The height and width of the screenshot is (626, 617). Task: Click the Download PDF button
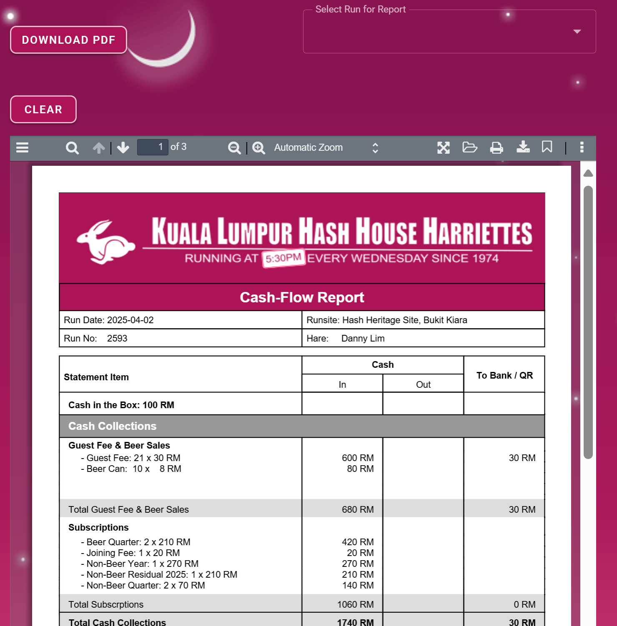pos(68,40)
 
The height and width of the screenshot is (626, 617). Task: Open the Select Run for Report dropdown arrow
pos(577,32)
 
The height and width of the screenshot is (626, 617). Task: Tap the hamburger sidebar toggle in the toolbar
pos(22,147)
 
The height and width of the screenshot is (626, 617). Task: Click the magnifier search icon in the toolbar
pos(72,148)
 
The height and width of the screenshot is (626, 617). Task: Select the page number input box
pos(153,147)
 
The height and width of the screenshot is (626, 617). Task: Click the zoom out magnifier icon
pos(234,148)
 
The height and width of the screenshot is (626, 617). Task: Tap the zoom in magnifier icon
pos(258,148)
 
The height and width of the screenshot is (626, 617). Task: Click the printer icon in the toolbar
pos(496,147)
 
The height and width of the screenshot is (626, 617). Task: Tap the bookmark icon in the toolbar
pos(547,147)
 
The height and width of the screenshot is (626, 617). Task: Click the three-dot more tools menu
pos(582,147)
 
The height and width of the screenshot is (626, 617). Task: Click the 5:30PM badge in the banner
pos(283,258)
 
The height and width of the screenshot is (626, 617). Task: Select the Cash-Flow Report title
pos(302,297)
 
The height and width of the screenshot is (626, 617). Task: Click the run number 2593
pos(117,338)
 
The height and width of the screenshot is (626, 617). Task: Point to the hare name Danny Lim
pos(363,338)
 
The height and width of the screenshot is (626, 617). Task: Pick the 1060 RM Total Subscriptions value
pos(355,604)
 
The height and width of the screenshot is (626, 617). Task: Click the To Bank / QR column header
pos(504,375)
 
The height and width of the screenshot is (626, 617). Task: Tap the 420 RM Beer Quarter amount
pos(358,542)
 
